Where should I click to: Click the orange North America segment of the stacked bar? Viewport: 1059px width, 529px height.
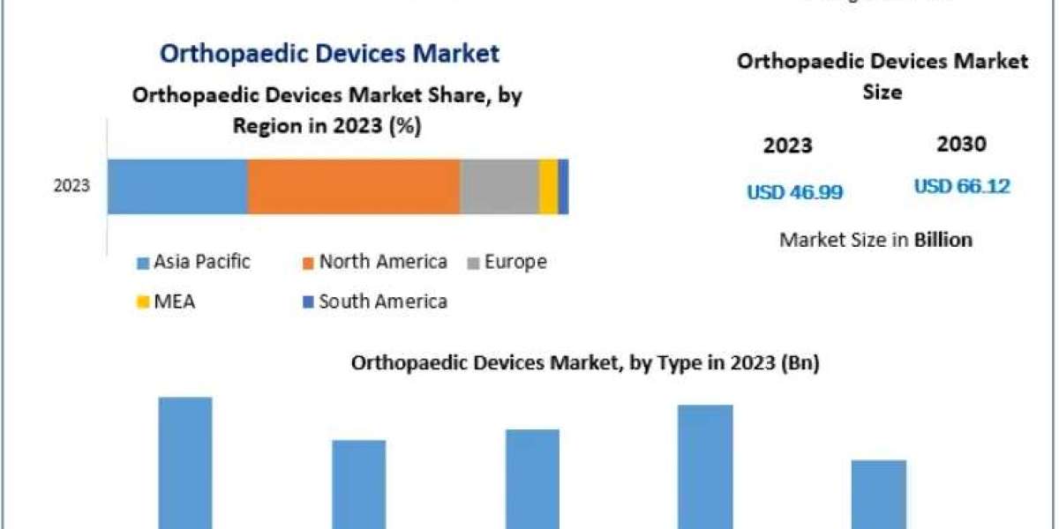[353, 186]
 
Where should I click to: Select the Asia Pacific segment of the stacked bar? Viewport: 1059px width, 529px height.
[176, 186]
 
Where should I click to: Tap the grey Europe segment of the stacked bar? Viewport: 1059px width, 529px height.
[499, 186]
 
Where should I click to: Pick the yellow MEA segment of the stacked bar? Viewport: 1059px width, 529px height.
[548, 186]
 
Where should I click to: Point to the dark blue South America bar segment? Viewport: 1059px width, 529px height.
[563, 186]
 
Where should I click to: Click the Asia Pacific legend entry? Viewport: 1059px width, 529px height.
[193, 262]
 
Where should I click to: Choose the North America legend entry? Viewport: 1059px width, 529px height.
[374, 262]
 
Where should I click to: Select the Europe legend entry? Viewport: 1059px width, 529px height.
[507, 262]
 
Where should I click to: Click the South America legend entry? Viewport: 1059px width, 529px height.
[374, 302]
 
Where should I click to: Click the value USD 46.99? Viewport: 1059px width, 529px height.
[794, 192]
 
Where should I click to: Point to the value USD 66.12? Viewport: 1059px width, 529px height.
[962, 187]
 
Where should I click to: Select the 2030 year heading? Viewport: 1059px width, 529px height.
[962, 145]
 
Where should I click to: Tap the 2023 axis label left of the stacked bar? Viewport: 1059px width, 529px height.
[71, 187]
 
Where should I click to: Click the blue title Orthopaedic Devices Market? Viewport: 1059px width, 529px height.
[329, 53]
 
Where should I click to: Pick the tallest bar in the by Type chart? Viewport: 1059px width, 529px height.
[185, 462]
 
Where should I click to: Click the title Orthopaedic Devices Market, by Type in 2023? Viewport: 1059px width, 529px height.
[585, 363]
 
